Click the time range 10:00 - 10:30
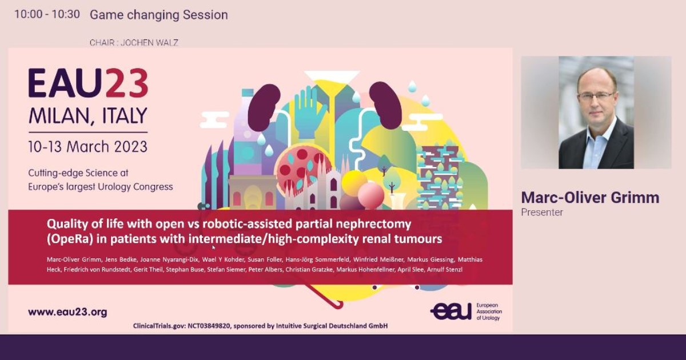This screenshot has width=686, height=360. pos(47,15)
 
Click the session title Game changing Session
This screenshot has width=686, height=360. pos(158,15)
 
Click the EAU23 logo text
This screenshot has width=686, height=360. pos(88,83)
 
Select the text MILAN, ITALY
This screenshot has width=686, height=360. pos(87,116)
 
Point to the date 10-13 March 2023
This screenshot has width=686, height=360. pos(87,146)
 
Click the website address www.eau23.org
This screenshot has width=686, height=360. pos(67,312)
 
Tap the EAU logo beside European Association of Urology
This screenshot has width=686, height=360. pos(450,311)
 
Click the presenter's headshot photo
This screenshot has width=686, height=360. pos(596,113)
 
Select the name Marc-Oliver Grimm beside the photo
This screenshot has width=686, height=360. pos(590,198)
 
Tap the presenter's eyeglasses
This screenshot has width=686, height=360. pos(596,96)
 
